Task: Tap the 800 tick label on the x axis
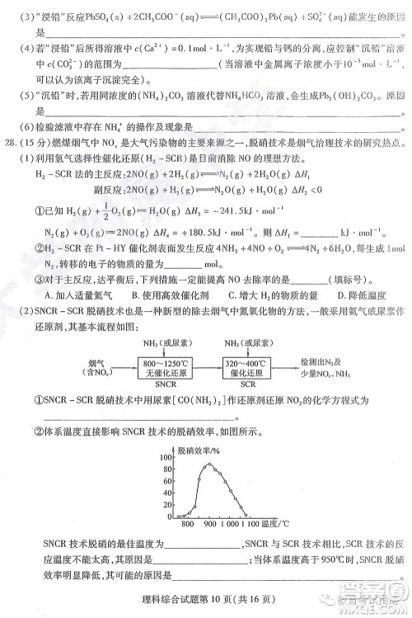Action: click(x=187, y=525)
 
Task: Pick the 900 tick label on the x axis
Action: click(x=210, y=525)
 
